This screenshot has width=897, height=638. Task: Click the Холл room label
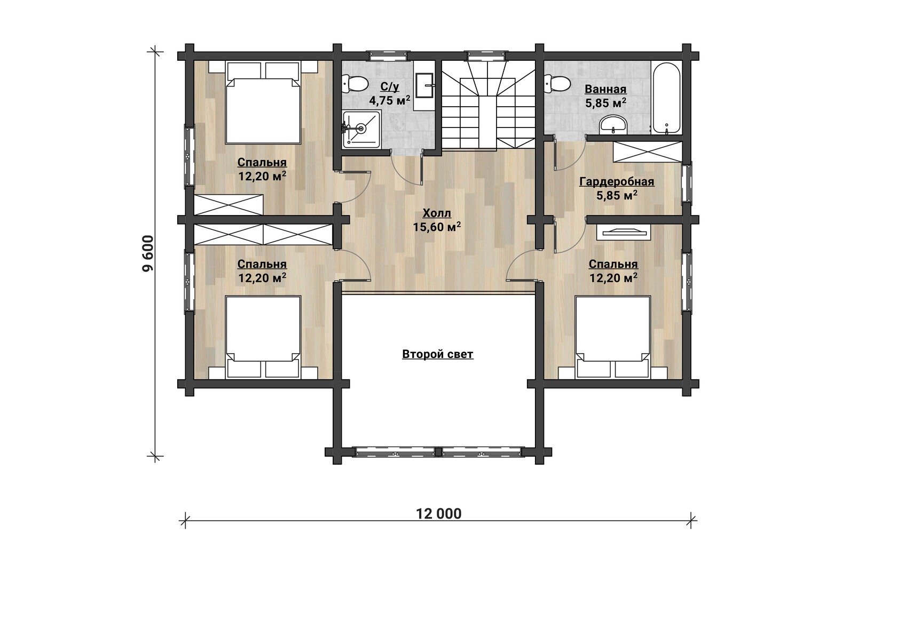(437, 213)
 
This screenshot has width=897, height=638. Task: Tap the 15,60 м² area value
(437, 227)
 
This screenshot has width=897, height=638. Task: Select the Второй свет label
(438, 354)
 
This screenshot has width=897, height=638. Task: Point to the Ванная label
(605, 89)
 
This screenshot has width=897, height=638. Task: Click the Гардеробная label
(617, 182)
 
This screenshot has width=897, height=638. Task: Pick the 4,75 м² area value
(390, 100)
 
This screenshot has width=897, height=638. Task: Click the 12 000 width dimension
(439, 514)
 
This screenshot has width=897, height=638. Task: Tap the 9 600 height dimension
(148, 253)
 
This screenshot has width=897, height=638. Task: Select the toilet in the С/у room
(355, 84)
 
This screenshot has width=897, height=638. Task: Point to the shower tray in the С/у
(361, 129)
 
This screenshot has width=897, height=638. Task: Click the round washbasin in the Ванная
(613, 124)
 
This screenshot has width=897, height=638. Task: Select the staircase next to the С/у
(488, 104)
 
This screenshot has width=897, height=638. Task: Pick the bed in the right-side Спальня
(613, 337)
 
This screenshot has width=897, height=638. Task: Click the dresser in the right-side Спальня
(624, 233)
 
